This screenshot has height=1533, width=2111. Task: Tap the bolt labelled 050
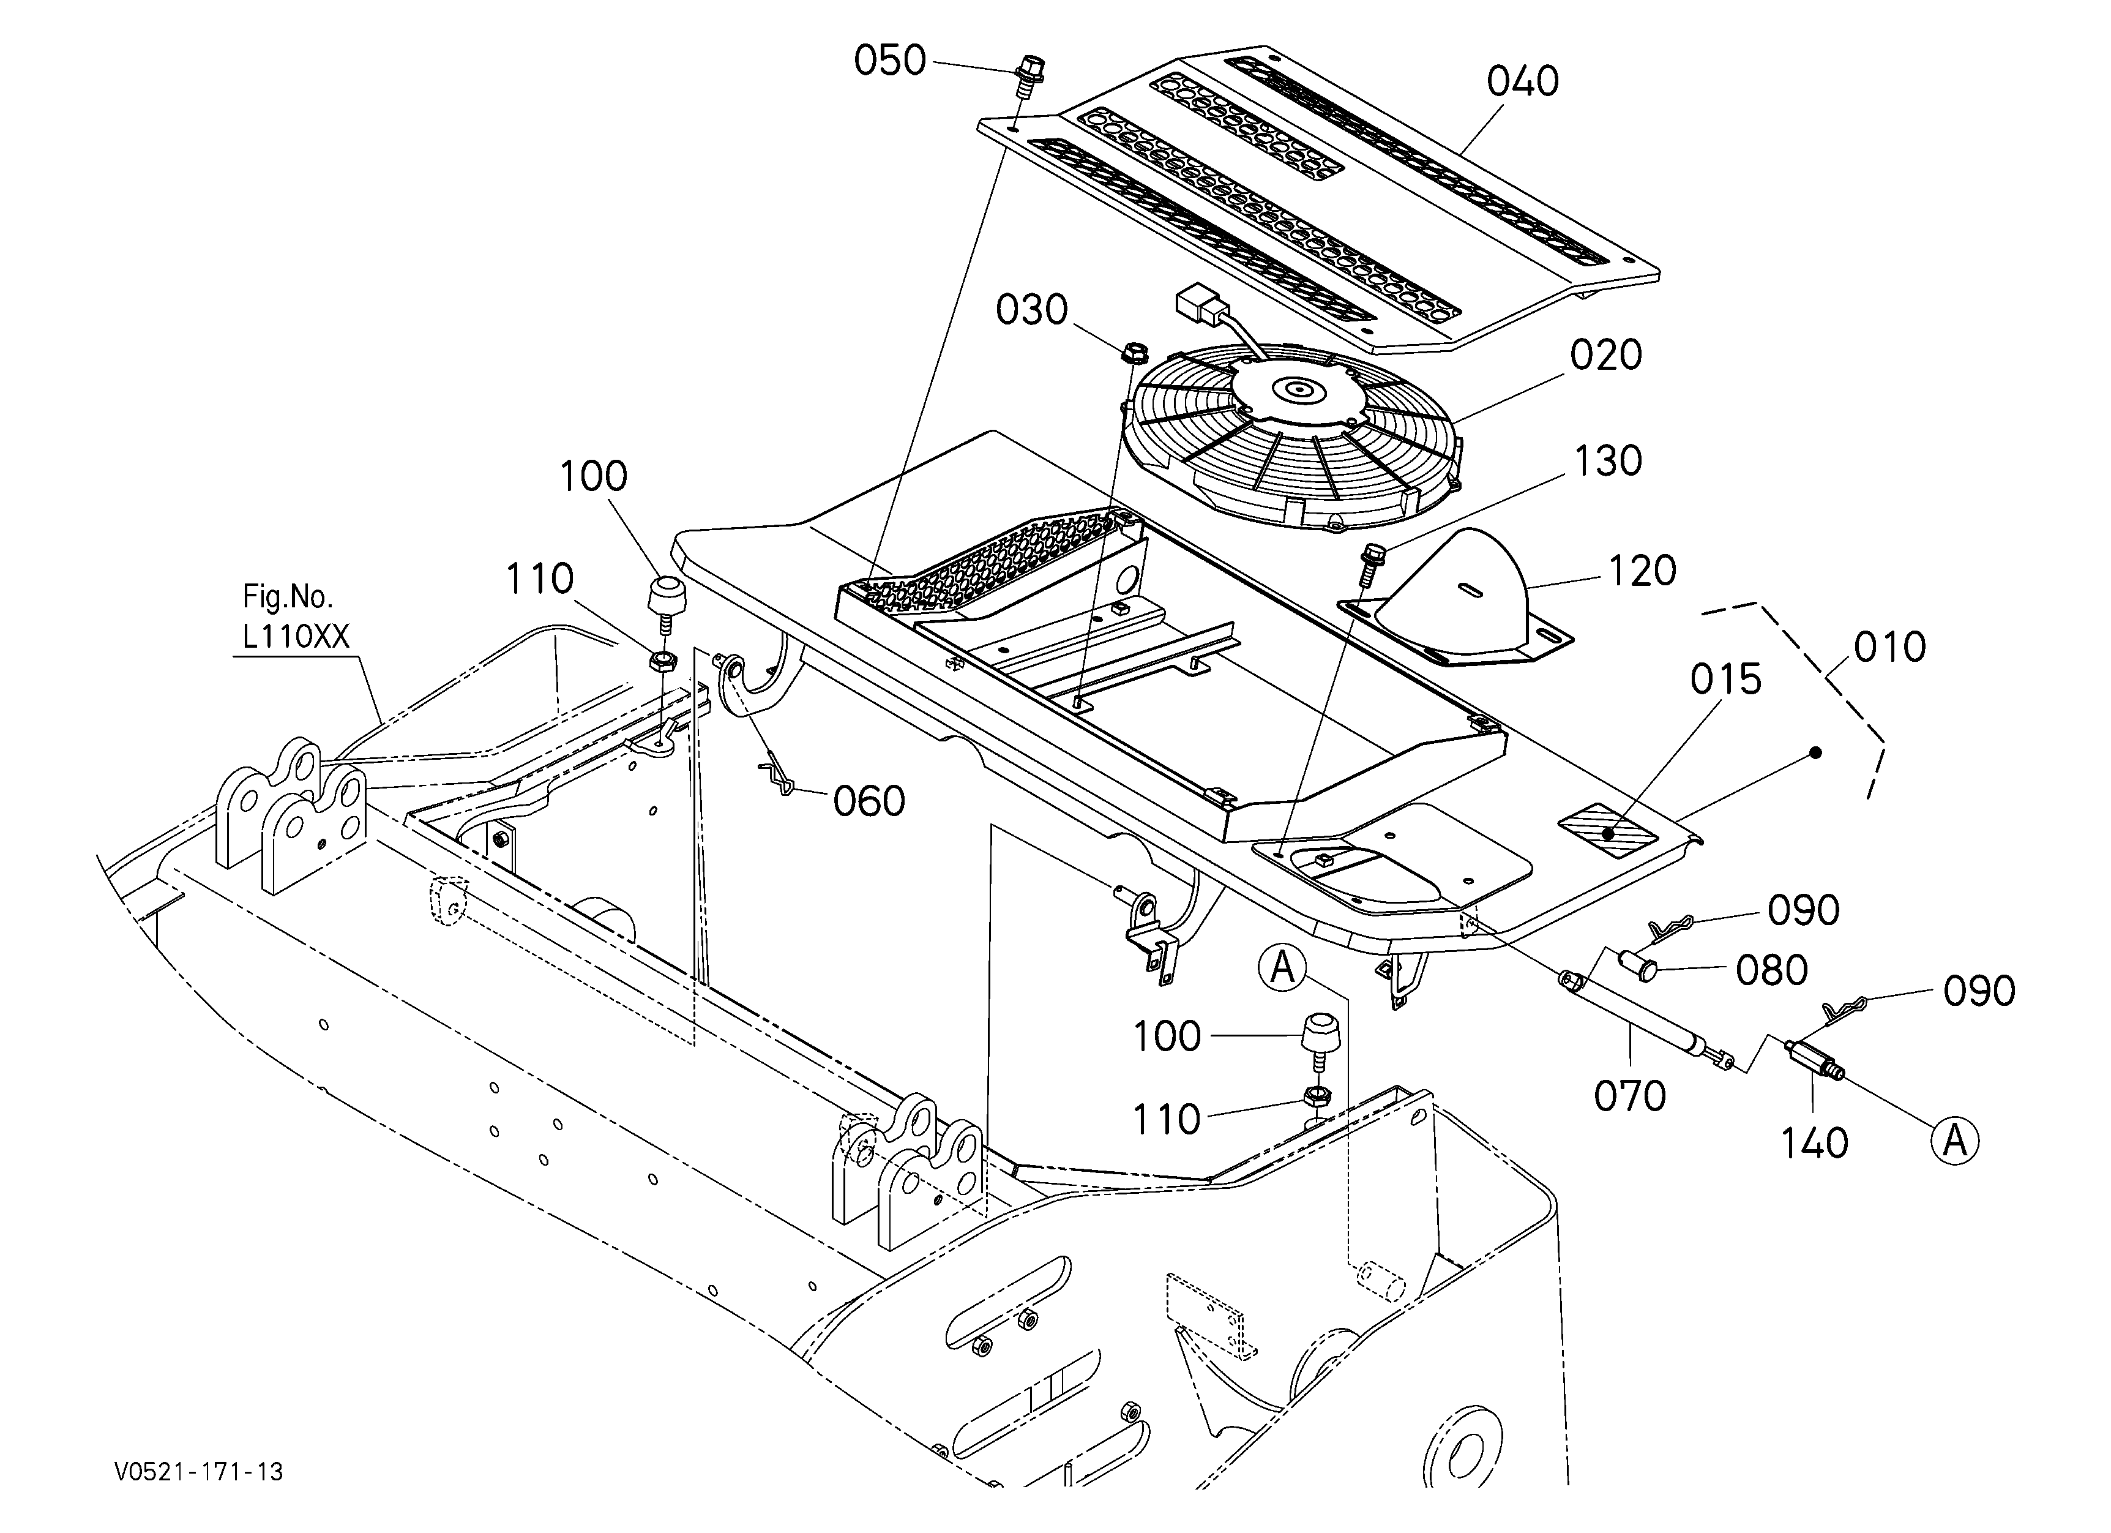point(1028,77)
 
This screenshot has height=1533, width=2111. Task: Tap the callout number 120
point(1641,571)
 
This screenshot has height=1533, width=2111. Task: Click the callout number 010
point(1889,647)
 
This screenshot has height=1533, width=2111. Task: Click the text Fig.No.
point(288,596)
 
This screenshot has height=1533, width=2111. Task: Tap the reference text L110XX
point(296,637)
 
